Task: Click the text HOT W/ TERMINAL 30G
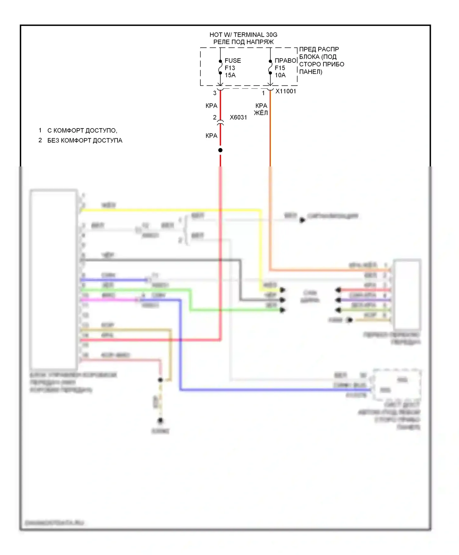tap(243, 35)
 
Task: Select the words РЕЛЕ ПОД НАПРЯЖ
tap(243, 42)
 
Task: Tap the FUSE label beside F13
tap(233, 61)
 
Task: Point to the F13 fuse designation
tap(230, 68)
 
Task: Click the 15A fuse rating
tap(230, 75)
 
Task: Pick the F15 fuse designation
tap(280, 68)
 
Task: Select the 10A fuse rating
tap(280, 75)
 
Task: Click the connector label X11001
tap(286, 91)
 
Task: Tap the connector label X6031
tap(238, 117)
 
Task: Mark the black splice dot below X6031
tap(220, 150)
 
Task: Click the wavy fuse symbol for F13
tap(220, 67)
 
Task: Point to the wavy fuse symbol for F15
tap(270, 67)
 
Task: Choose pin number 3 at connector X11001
tap(215, 93)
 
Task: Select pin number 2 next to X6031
tap(215, 117)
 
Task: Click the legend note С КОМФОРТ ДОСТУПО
tap(82, 131)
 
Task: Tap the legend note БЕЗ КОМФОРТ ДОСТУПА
tap(85, 140)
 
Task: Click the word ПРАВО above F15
tap(286, 61)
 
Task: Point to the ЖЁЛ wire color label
tap(261, 113)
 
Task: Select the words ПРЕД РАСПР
tap(319, 49)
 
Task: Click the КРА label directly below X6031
tap(211, 136)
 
